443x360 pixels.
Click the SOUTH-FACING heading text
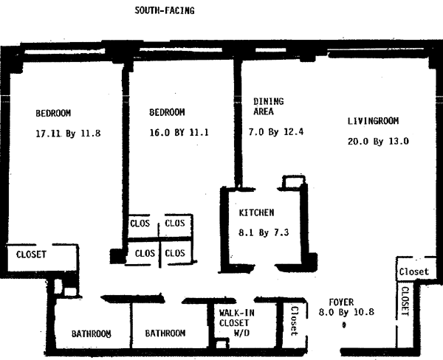click(165, 10)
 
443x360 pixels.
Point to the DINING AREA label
click(267, 106)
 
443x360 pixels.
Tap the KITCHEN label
click(256, 212)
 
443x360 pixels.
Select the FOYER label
click(342, 302)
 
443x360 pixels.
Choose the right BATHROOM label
click(165, 333)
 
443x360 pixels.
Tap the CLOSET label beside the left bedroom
click(31, 255)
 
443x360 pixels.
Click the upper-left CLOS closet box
click(140, 223)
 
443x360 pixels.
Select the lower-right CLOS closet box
click(175, 253)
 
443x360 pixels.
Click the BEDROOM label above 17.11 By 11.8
click(53, 113)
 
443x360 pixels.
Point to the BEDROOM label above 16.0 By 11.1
click(167, 113)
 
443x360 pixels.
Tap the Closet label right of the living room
click(413, 271)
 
